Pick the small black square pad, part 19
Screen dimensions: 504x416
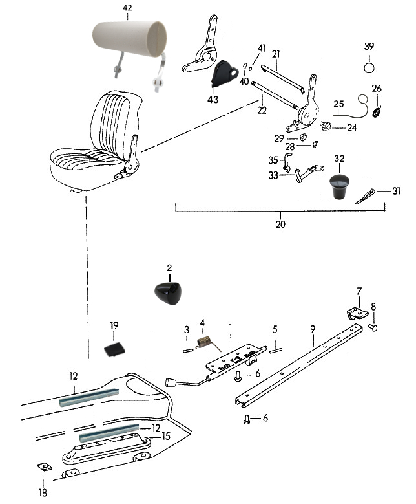point(114,349)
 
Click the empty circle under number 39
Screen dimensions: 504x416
point(369,67)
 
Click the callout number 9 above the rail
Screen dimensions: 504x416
point(312,329)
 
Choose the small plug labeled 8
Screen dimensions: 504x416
point(373,328)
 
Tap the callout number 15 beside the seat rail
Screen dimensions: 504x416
point(166,436)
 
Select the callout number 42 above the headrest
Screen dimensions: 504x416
point(127,8)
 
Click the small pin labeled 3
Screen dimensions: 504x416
point(187,351)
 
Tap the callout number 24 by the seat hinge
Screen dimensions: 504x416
point(351,128)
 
